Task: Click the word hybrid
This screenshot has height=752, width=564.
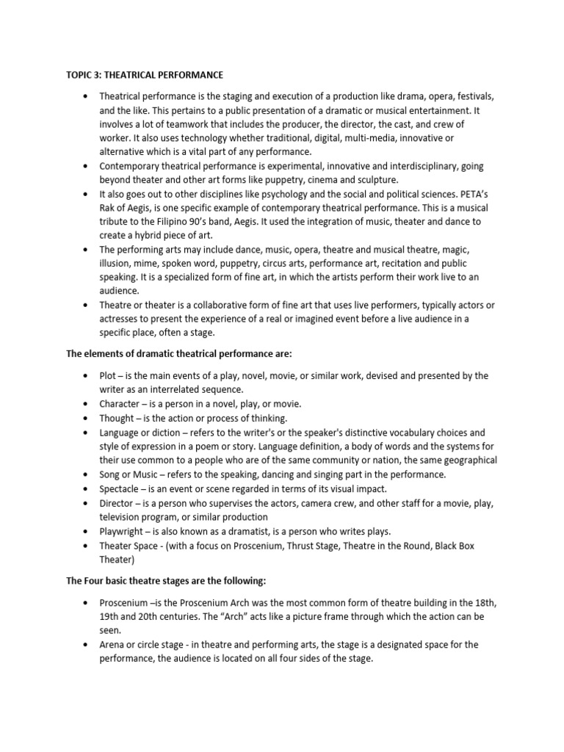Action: tap(149, 235)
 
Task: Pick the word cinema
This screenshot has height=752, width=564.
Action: tap(322, 181)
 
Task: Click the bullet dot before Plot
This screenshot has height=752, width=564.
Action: tap(87, 376)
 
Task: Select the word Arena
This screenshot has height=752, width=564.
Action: tap(114, 645)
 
